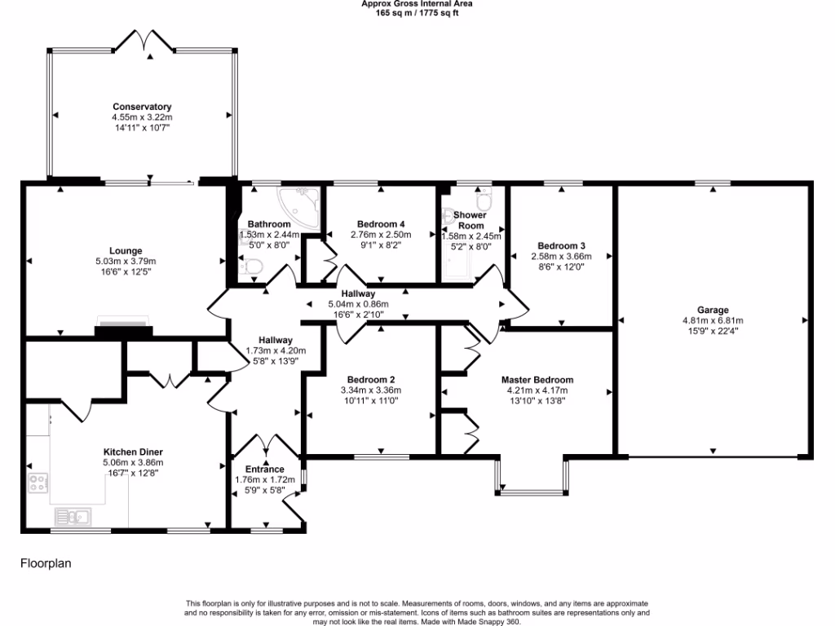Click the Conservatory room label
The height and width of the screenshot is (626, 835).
click(x=142, y=107)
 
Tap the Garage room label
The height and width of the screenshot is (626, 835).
click(x=712, y=310)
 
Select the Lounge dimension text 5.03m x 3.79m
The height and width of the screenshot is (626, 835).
click(x=126, y=262)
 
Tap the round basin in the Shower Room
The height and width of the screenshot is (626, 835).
click(x=448, y=218)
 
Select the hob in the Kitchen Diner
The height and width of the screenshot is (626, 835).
click(x=38, y=483)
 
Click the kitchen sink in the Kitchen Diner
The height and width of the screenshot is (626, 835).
click(x=73, y=516)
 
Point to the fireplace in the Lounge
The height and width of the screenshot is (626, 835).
click(x=123, y=326)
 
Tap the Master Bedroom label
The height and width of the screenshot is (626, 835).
click(x=537, y=380)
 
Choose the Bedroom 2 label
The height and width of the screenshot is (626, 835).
click(x=371, y=380)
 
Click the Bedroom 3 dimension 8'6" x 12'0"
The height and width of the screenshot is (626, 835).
click(x=561, y=267)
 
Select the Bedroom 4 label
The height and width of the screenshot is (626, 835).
click(x=381, y=224)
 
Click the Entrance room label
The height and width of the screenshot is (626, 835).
click(x=259, y=469)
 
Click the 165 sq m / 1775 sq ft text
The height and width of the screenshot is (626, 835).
click(x=417, y=13)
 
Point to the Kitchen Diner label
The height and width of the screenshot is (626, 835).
click(x=133, y=452)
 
